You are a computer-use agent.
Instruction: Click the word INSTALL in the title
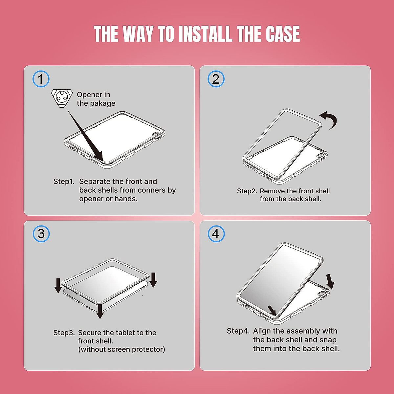(205, 34)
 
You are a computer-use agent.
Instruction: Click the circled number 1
(41, 79)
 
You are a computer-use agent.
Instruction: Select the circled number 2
(216, 79)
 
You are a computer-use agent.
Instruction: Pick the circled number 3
(41, 234)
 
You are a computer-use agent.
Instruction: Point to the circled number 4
(216, 234)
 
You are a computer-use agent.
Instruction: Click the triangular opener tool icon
(62, 98)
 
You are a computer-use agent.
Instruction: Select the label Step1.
(64, 181)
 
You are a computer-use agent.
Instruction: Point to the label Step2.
(247, 191)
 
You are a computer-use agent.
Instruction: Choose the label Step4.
(238, 331)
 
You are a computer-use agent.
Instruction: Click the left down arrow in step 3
(58, 285)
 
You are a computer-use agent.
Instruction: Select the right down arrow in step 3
(153, 280)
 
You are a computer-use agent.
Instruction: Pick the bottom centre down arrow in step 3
(100, 311)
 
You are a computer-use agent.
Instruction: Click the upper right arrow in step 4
(330, 282)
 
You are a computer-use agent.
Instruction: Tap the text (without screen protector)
(122, 349)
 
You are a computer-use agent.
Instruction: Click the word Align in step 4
(262, 331)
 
